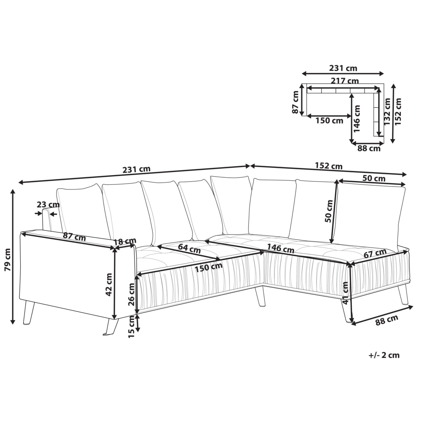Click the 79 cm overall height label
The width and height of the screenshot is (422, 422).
[8, 260]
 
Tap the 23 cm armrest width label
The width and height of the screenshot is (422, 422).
[48, 205]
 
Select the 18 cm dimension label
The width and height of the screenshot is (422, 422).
[124, 241]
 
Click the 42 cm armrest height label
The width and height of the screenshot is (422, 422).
[109, 285]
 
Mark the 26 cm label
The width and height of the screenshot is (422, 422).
[132, 295]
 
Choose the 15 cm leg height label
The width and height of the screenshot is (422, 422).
[132, 327]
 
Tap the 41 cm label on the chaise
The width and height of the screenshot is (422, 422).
[345, 293]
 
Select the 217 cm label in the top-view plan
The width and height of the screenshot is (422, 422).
[345, 81]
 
